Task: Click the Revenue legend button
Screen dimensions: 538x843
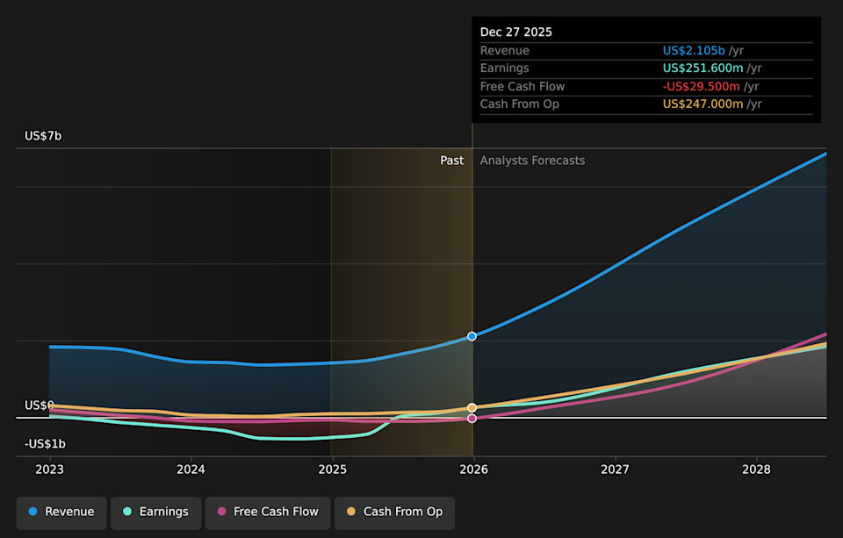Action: click(61, 512)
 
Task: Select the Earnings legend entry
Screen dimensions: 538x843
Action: click(155, 512)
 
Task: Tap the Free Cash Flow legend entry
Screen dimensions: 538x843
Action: click(267, 512)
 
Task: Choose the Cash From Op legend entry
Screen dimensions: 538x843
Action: click(394, 512)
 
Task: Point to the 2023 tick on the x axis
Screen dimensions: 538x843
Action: click(50, 470)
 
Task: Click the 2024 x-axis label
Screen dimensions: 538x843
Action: click(191, 470)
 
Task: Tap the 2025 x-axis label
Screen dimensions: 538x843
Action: click(332, 470)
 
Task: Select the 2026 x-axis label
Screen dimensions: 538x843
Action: click(473, 470)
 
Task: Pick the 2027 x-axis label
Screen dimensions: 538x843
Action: click(615, 470)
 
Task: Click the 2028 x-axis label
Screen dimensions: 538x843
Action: click(756, 470)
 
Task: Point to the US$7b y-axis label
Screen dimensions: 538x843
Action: click(43, 136)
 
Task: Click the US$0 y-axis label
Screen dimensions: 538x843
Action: click(40, 405)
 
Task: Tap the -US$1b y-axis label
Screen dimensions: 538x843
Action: click(45, 444)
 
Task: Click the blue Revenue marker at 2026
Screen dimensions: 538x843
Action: click(472, 336)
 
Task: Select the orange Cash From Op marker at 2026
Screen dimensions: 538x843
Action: click(472, 408)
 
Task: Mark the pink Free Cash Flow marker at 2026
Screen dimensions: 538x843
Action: click(472, 419)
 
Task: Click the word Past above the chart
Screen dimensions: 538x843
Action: click(451, 161)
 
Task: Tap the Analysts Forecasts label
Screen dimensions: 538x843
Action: click(532, 161)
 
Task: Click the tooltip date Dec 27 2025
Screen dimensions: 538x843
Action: click(516, 32)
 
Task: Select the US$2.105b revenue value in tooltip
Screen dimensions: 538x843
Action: click(694, 51)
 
